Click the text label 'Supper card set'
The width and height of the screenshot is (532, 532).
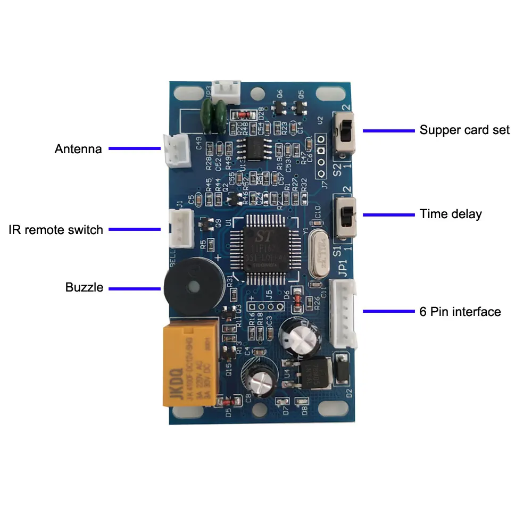tap(464, 130)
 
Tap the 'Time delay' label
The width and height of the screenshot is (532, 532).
tap(450, 214)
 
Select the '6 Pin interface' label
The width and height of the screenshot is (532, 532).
tap(460, 312)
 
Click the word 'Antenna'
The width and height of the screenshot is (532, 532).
tap(78, 149)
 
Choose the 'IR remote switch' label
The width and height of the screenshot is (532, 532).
tap(56, 230)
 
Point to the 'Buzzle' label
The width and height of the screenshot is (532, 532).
tap(85, 288)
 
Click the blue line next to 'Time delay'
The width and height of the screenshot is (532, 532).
tap(388, 214)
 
